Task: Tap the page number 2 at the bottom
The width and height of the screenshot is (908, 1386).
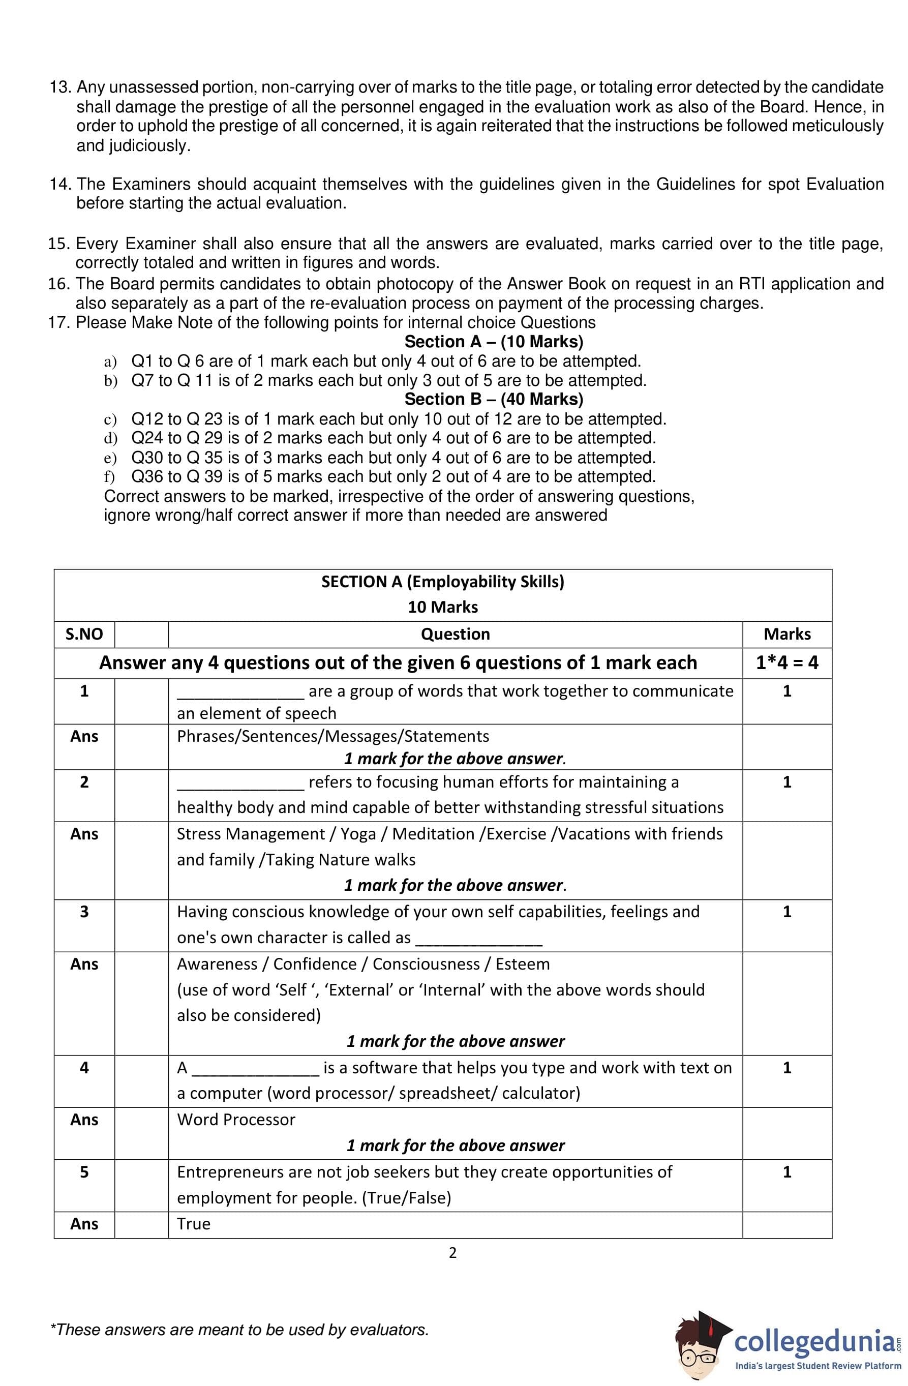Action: point(452,1252)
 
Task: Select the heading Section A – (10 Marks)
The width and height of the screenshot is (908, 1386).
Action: point(493,341)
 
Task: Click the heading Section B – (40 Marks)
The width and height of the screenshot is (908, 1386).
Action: point(493,399)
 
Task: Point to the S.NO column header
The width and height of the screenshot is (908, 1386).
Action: point(84,634)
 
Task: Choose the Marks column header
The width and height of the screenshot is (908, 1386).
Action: point(787,634)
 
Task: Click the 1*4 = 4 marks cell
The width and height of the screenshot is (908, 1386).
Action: point(787,662)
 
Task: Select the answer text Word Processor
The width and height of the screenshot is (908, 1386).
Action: point(236,1119)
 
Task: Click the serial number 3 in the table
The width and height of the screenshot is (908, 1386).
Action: point(84,912)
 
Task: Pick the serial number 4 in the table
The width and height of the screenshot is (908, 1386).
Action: point(84,1067)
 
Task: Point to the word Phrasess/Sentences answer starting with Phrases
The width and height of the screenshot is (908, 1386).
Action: point(332,736)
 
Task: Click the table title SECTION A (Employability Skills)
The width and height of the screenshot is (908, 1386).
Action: point(443,582)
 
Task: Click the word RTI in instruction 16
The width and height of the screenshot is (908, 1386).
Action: point(752,284)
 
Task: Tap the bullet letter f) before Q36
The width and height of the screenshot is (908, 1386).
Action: point(109,477)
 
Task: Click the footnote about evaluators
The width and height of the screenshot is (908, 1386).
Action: point(239,1330)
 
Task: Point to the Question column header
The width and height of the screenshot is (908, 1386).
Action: point(456,634)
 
